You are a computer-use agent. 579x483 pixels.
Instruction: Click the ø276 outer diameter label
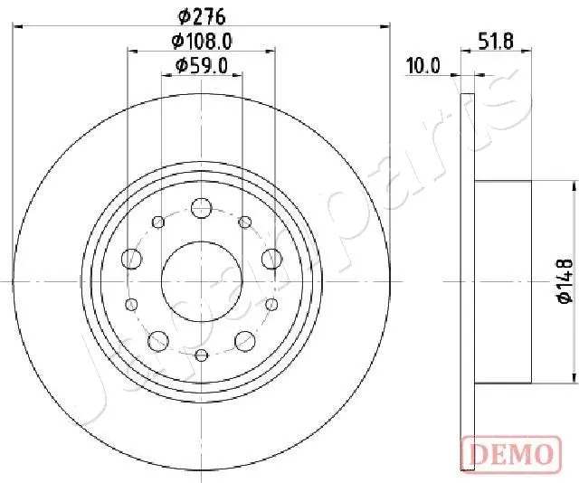pos(201,15)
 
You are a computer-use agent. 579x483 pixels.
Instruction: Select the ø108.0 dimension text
pos(201,41)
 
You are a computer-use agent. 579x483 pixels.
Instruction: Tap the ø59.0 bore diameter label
pos(201,65)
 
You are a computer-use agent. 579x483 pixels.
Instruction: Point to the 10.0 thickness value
pos(422,65)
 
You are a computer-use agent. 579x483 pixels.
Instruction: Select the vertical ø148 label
pos(565,281)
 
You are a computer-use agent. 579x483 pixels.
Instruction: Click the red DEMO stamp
pos(509,450)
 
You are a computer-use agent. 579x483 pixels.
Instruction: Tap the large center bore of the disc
pos(201,281)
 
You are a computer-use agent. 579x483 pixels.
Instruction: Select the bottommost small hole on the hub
pos(201,355)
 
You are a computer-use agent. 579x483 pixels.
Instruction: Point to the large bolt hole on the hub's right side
pos(270,259)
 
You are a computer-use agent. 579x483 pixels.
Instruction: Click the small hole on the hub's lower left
pos(132,304)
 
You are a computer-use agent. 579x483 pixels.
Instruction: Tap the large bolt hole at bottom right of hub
pos(243,340)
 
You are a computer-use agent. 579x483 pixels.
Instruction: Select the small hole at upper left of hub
pos(159,222)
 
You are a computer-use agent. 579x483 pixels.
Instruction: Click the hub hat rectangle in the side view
pos(503,281)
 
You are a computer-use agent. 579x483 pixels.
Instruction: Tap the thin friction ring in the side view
pos(468,281)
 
